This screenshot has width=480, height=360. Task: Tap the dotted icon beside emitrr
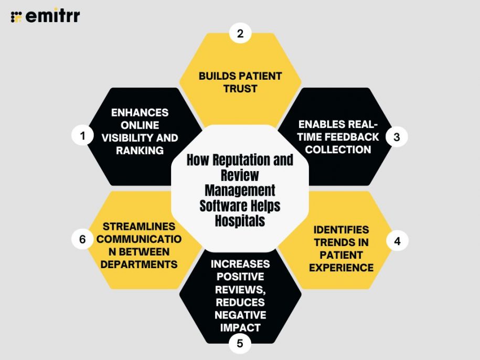(16, 16)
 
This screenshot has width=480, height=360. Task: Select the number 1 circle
(82, 136)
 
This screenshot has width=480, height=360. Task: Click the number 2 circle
(240, 34)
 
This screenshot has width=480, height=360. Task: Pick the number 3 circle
(397, 137)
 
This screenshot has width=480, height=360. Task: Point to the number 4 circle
(397, 241)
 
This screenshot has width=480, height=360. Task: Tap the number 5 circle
(240, 344)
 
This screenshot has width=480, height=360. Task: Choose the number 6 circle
(82, 239)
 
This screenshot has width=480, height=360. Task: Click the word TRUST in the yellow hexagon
(240, 89)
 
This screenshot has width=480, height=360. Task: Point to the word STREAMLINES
(139, 227)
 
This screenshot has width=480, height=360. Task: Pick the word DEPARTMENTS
(139, 264)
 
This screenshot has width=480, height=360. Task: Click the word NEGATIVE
(240, 315)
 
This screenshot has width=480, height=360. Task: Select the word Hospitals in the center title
(240, 220)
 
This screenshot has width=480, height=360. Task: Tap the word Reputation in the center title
(227, 160)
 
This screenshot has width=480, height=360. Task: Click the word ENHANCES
(139, 113)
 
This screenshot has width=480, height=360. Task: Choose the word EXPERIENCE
(341, 267)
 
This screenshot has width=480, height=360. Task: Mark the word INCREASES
(240, 263)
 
